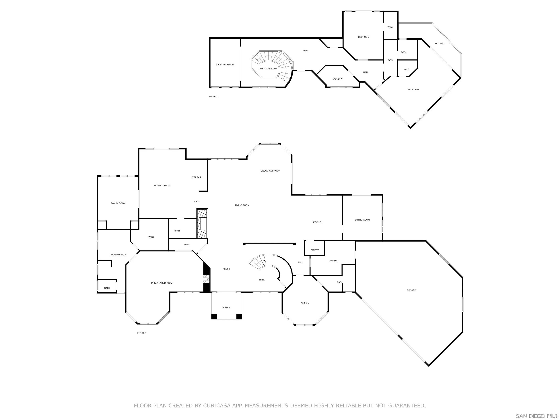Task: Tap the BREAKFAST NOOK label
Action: tap(270, 171)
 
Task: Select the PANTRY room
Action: tap(314, 250)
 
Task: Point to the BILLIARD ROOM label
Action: tap(162, 185)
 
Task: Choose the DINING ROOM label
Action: tap(362, 219)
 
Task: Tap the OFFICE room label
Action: tap(305, 303)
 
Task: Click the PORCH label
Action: tap(226, 307)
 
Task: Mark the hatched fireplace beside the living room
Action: tap(202, 223)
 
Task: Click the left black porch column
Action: tap(214, 316)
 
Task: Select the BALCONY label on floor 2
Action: tap(440, 44)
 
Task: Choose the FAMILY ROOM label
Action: tap(118, 203)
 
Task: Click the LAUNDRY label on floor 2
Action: tap(337, 79)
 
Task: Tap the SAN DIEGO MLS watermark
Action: tap(537, 416)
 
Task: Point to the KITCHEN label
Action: tap(318, 222)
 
